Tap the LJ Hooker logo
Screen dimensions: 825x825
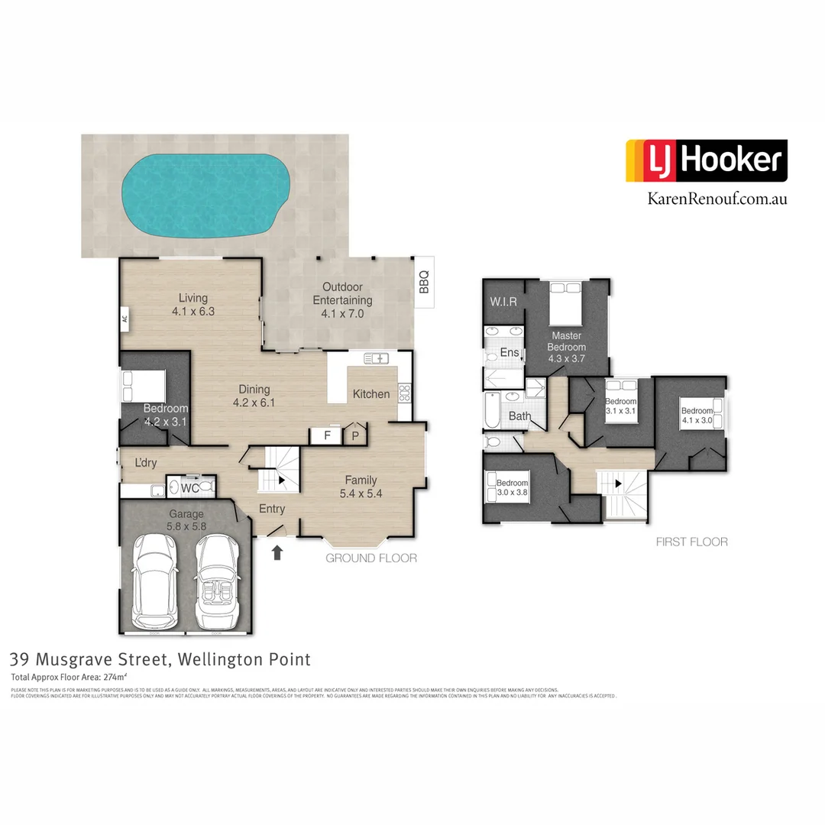(x=706, y=160)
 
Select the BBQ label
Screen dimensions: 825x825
(x=424, y=282)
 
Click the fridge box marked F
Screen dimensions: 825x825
(x=327, y=435)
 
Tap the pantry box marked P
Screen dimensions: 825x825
(x=355, y=435)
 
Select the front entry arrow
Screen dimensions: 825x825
(x=277, y=552)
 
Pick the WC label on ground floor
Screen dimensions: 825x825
(x=189, y=487)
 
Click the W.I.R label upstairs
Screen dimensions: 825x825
(x=504, y=302)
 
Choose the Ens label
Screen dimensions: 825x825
(x=510, y=353)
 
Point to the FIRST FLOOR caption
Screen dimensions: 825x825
(x=691, y=542)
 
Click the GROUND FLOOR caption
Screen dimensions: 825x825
(x=371, y=558)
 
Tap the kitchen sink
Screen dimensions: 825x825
(x=377, y=357)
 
